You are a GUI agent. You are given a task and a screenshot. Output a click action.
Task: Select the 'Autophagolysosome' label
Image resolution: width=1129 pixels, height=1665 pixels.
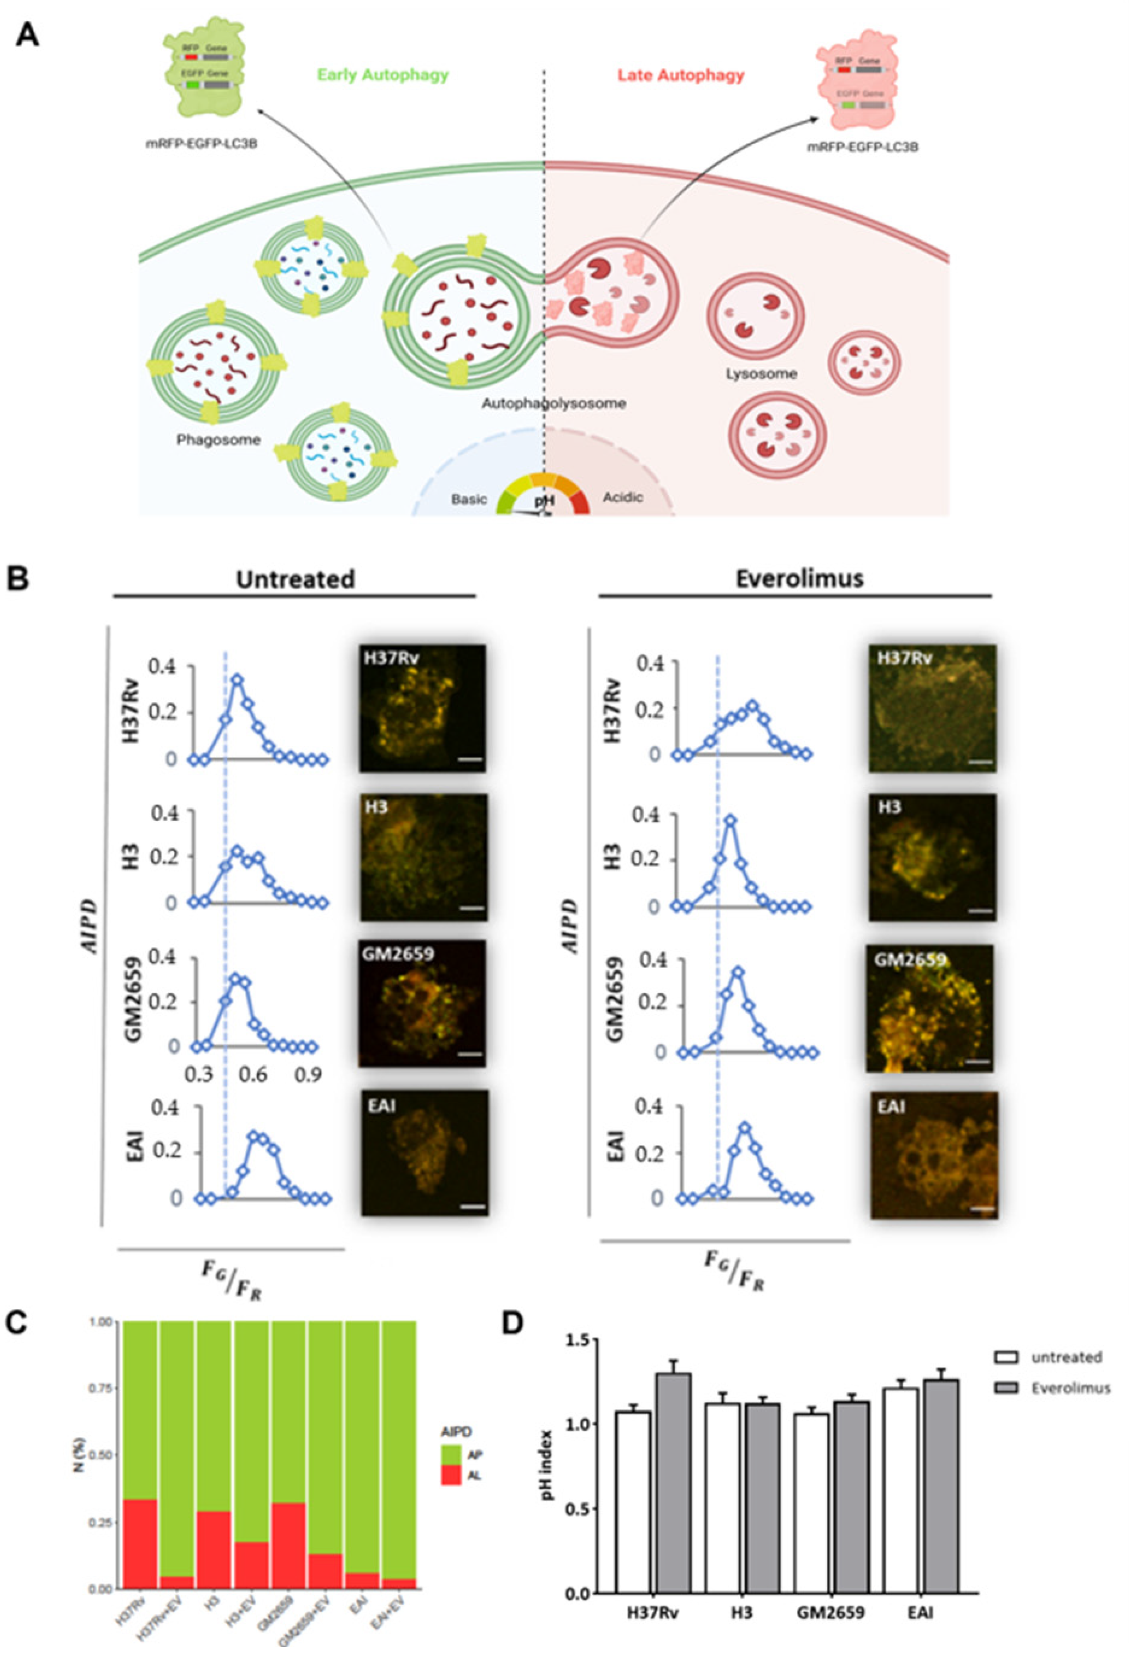553,403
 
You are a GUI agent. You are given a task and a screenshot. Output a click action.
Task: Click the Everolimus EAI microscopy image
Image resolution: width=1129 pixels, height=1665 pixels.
933,1154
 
